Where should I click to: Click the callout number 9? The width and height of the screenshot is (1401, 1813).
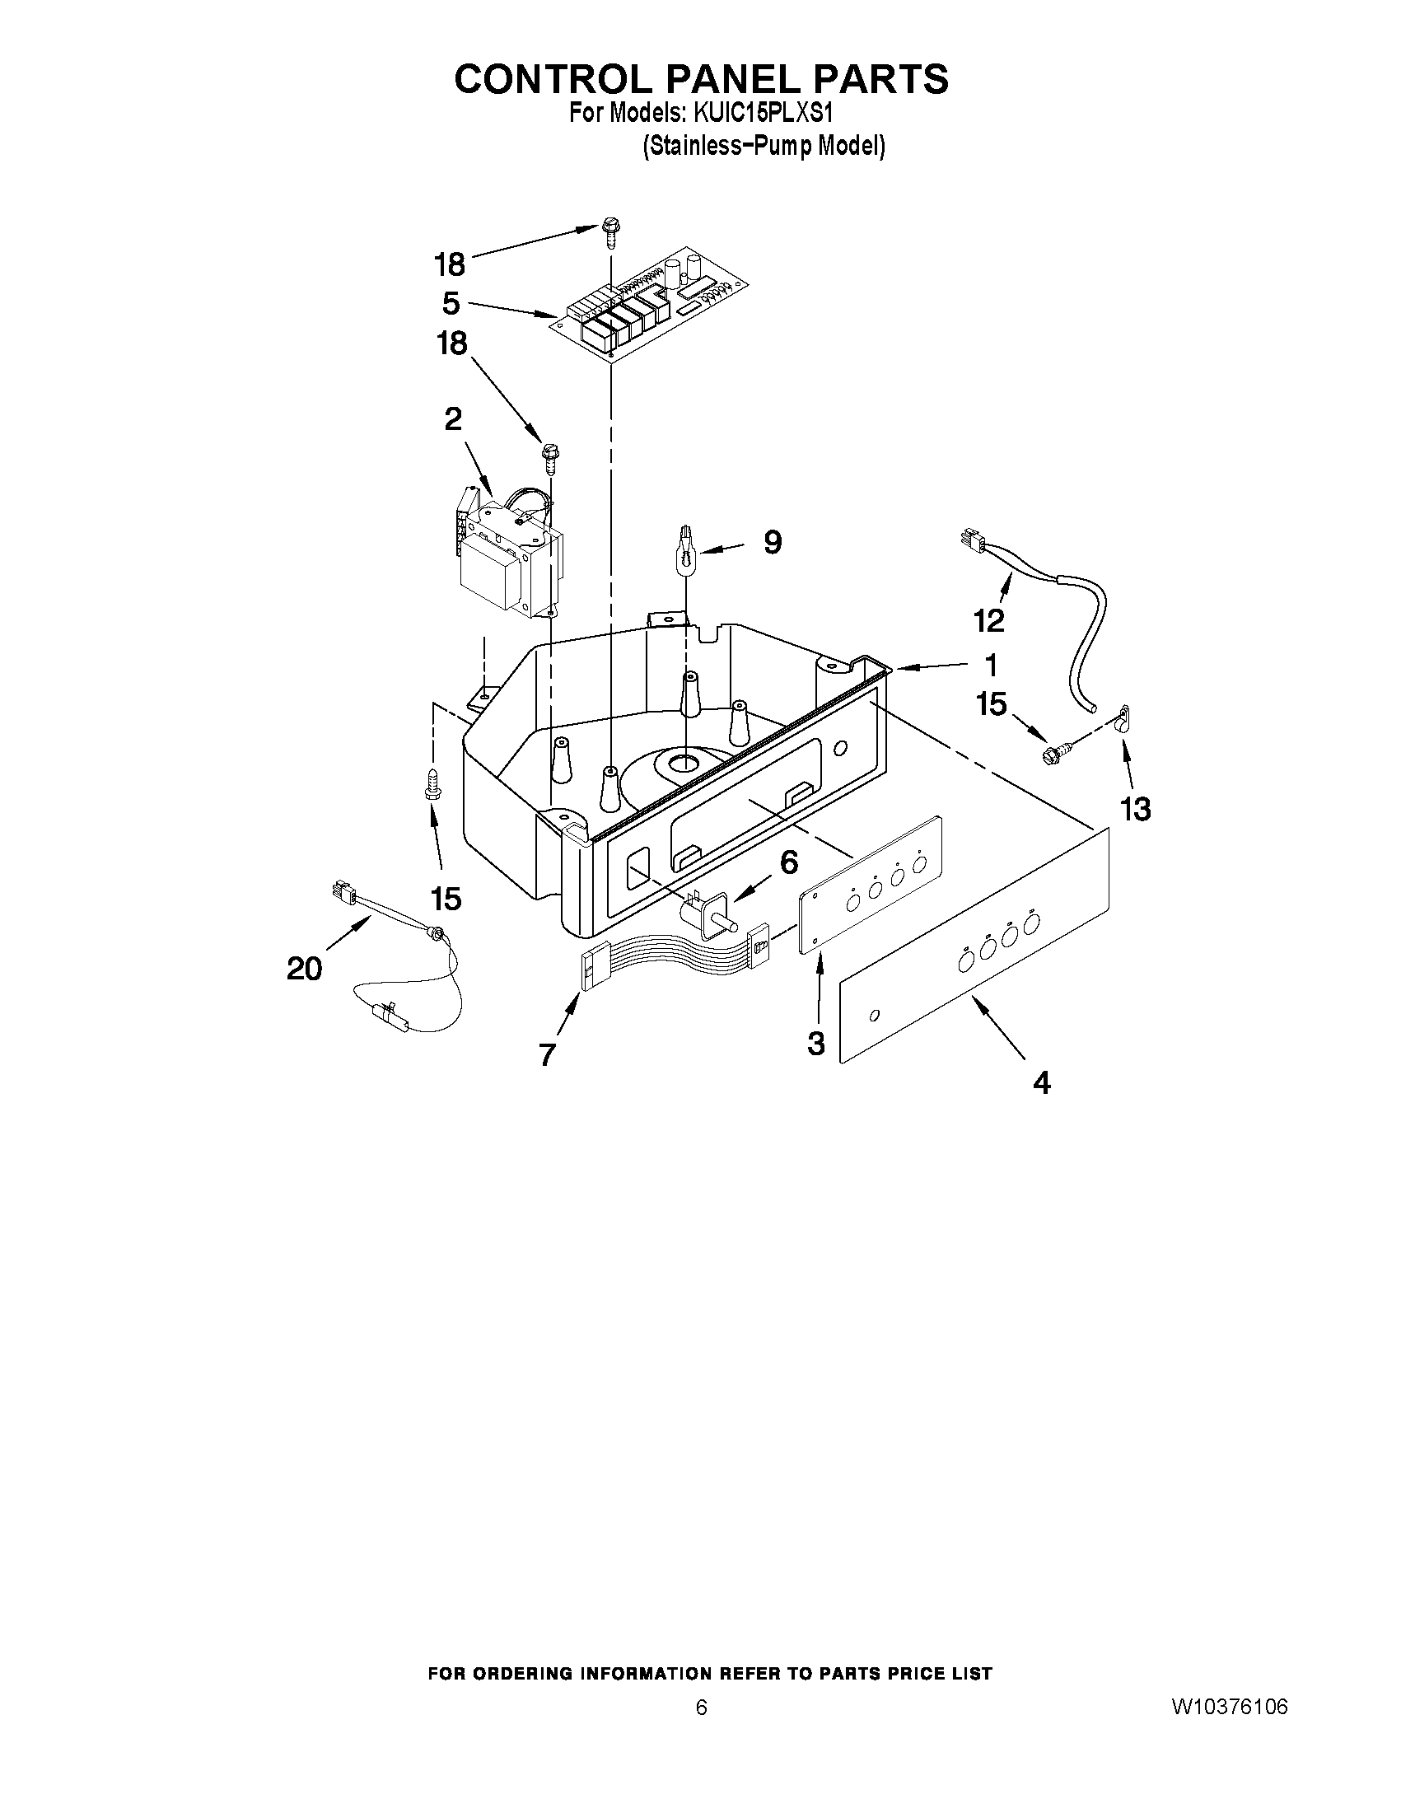click(772, 543)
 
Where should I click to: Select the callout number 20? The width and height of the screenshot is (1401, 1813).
click(305, 968)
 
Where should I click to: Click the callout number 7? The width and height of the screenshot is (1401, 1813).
click(547, 1054)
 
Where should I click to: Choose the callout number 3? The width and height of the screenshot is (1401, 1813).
click(816, 1043)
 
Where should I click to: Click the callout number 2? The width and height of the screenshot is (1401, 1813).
click(453, 419)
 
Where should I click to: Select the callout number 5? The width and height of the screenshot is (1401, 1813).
click(451, 303)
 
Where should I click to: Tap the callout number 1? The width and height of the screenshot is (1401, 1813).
click(989, 665)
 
